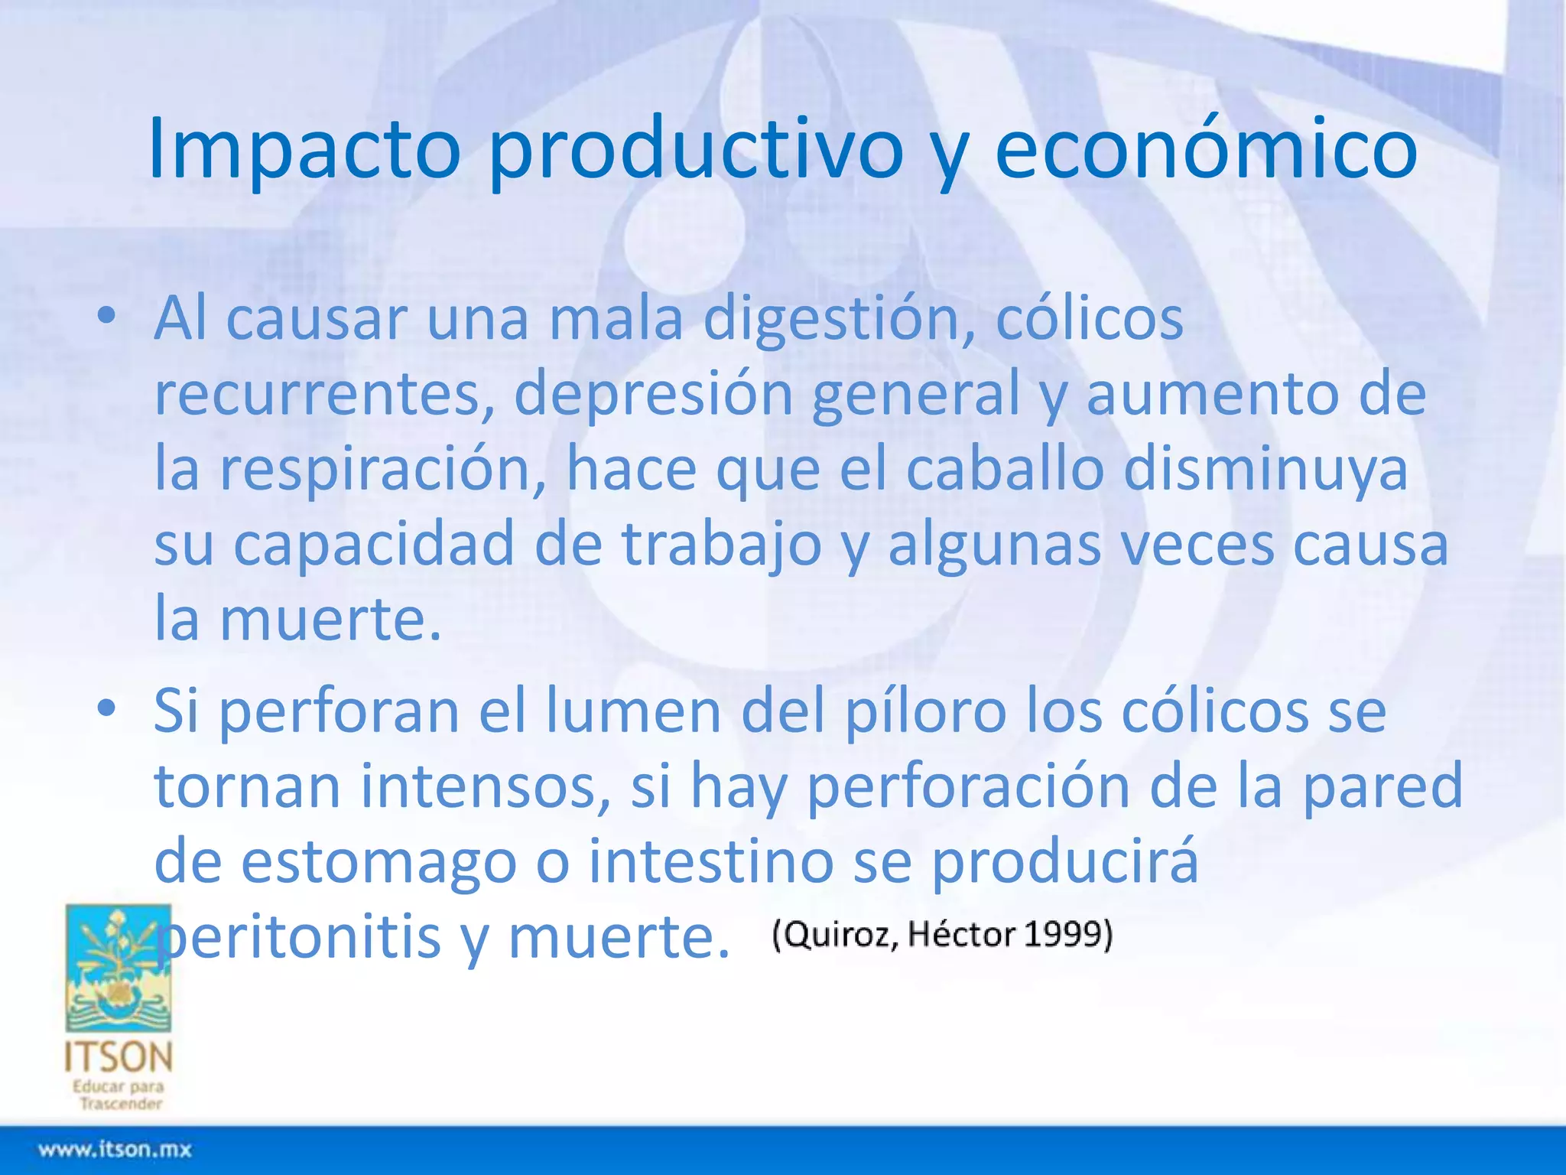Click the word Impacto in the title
(304, 149)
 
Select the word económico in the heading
(1206, 149)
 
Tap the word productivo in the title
(695, 149)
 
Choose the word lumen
(634, 711)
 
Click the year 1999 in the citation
(1067, 935)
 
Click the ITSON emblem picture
(119, 968)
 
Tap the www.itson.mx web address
(115, 1149)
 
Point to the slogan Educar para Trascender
(119, 1095)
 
